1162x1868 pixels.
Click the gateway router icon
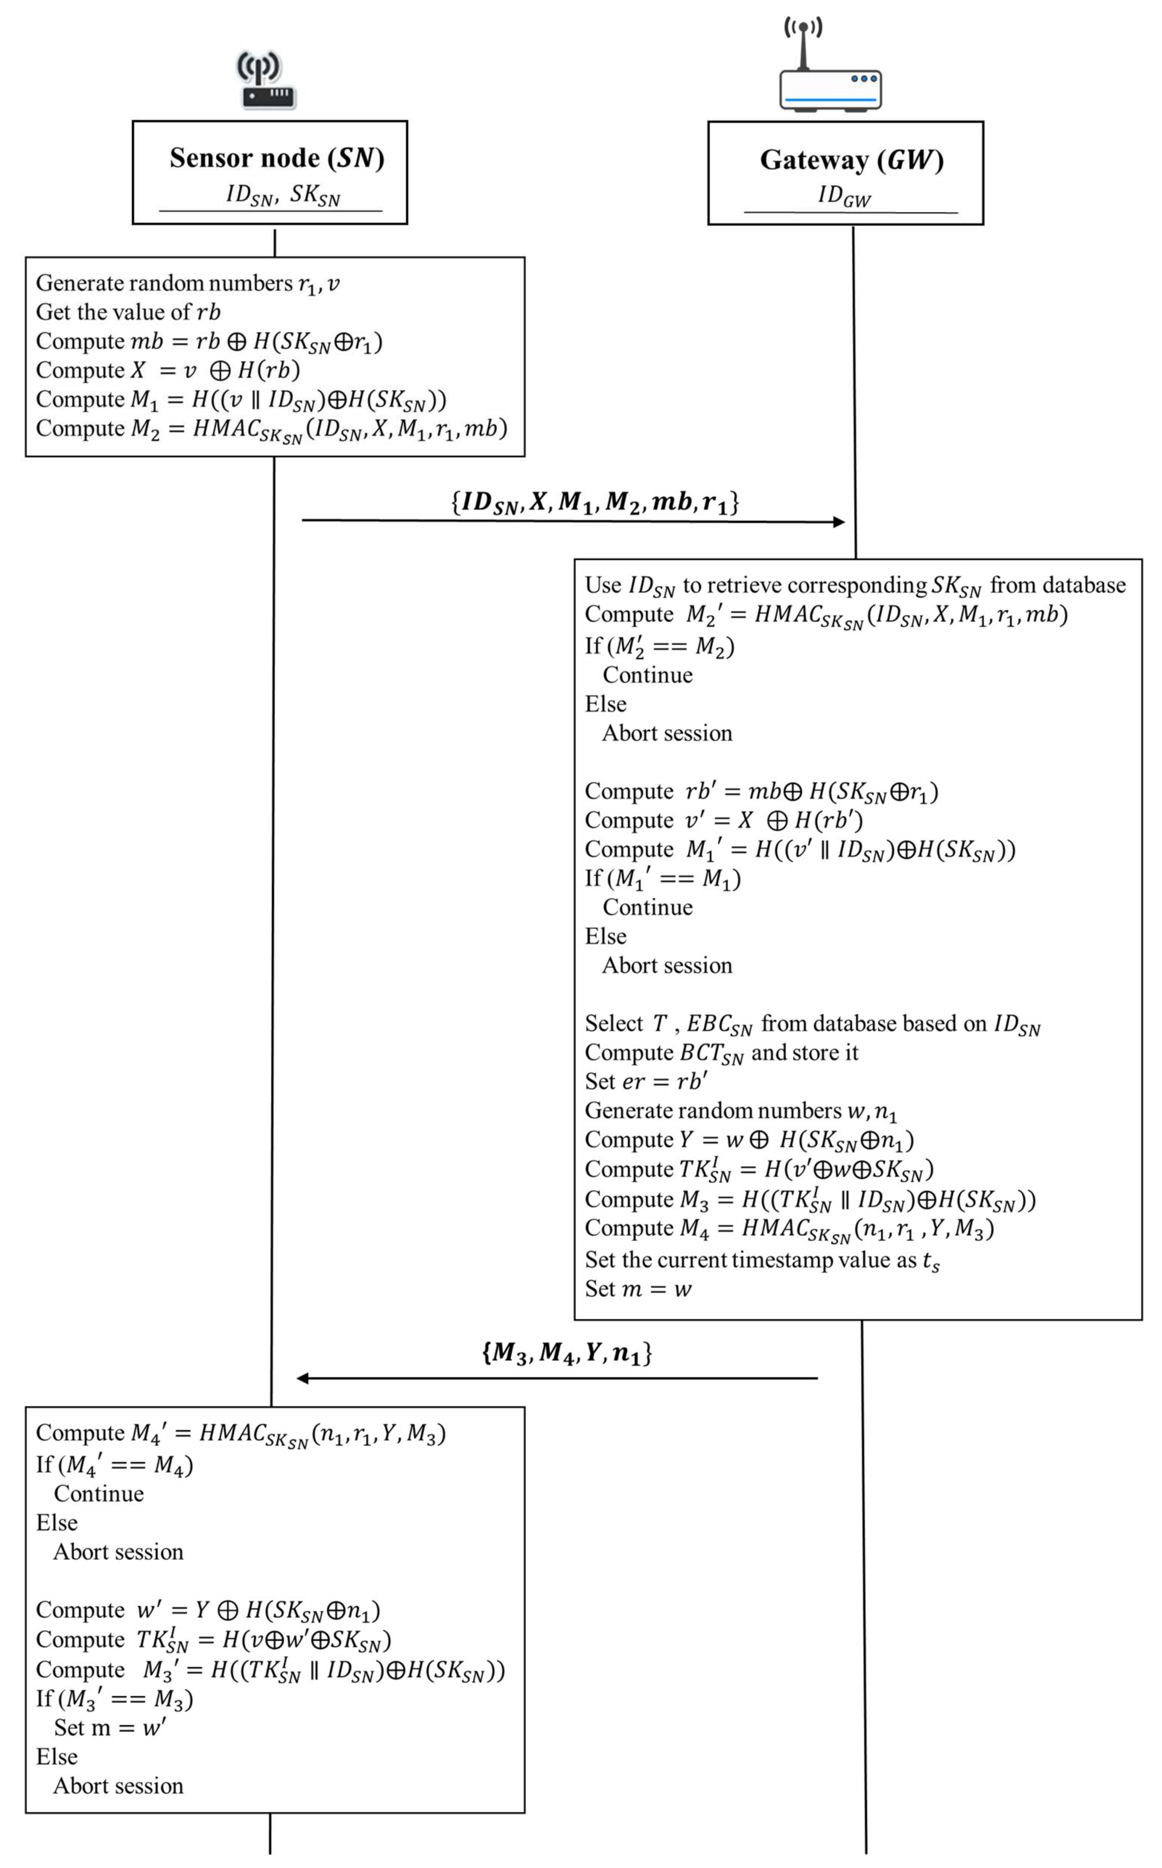[830, 69]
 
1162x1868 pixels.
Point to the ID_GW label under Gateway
[844, 196]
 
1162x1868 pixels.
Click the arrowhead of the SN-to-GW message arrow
[839, 522]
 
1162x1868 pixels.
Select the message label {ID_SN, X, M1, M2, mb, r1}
[594, 502]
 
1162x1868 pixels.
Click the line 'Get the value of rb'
[128, 312]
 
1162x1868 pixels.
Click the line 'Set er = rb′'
[645, 1081]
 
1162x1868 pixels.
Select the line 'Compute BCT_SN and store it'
[721, 1053]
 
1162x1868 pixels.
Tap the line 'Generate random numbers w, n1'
[740, 1111]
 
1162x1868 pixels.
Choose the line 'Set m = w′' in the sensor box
[109, 1727]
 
